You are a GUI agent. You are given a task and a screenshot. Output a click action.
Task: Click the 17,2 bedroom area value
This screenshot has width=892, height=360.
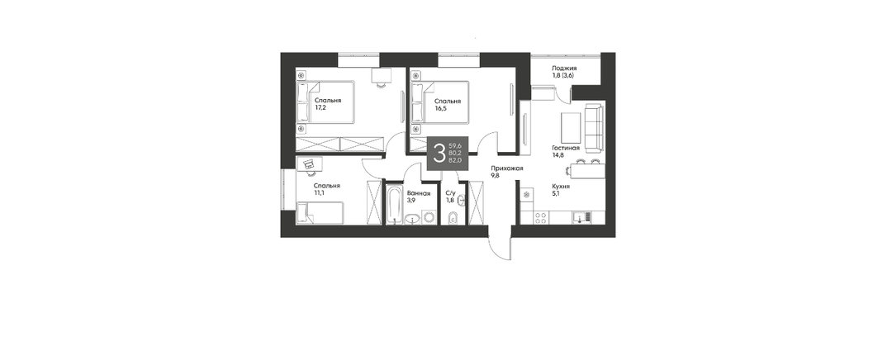(320, 107)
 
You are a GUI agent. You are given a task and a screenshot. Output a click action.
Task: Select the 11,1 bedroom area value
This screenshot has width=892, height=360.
(320, 192)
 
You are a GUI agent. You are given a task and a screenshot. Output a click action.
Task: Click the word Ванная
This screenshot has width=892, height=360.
(419, 193)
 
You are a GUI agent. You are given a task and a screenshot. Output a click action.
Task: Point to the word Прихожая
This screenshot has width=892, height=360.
(507, 168)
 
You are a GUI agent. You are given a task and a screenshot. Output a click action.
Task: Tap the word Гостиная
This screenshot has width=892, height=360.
(566, 148)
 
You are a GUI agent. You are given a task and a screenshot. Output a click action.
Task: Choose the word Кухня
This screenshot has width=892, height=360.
(561, 186)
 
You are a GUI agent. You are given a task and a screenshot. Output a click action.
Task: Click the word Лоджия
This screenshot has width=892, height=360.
(564, 68)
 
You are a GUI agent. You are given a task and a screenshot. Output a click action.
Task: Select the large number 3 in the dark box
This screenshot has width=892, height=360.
(439, 154)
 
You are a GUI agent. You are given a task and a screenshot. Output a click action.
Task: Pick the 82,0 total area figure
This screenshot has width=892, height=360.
(455, 160)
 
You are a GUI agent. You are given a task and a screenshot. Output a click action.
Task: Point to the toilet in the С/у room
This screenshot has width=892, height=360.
(453, 217)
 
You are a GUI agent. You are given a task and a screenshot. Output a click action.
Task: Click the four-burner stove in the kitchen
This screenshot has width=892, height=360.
(540, 217)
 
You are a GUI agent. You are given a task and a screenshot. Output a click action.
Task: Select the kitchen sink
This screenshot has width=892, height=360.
(581, 217)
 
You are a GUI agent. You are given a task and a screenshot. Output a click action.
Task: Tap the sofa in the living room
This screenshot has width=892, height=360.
(594, 128)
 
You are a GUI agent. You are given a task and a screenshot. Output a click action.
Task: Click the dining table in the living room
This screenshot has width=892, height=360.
(588, 170)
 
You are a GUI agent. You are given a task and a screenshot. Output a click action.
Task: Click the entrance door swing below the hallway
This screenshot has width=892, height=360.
(500, 244)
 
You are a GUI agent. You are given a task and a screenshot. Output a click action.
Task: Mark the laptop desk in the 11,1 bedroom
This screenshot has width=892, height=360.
(309, 163)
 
